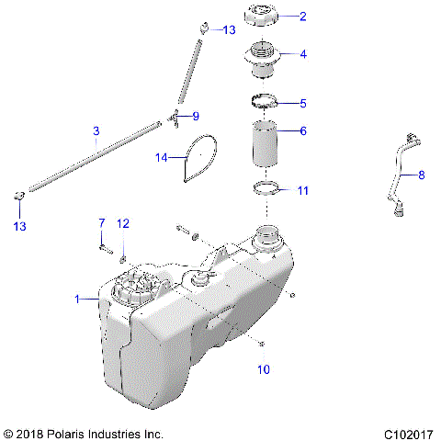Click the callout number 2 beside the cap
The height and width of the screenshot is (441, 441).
[x=303, y=16]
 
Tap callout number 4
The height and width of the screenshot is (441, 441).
[x=303, y=54]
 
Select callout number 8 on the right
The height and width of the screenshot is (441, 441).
[x=422, y=174]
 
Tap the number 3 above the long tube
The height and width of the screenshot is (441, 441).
[x=96, y=132]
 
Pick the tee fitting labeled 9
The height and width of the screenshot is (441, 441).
[x=173, y=115]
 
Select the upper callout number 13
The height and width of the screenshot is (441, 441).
[x=230, y=30]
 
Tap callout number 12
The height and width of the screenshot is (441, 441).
[x=123, y=223]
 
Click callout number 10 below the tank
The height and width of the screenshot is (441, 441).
[x=264, y=370]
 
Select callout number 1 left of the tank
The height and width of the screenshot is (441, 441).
[x=78, y=298]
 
